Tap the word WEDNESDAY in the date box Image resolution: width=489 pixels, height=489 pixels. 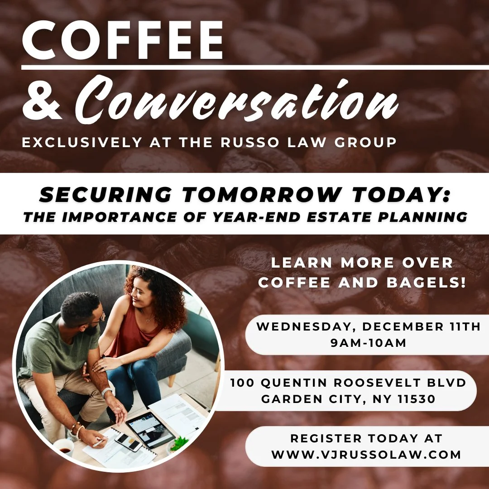(x=307, y=327)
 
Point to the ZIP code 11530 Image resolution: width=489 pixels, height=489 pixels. (x=414, y=399)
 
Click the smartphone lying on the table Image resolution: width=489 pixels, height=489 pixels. (x=128, y=441)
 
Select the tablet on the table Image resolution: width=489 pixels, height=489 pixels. (x=150, y=428)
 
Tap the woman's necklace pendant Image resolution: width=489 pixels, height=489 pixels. (x=147, y=321)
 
